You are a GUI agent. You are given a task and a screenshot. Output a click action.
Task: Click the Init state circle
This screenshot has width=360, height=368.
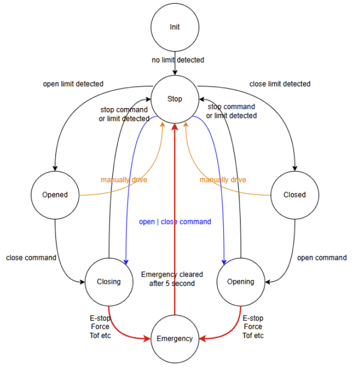[x=174, y=27]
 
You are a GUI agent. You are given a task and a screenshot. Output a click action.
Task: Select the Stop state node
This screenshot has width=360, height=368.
[x=174, y=99]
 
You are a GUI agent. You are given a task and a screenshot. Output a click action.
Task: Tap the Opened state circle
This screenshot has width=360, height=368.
[x=55, y=194]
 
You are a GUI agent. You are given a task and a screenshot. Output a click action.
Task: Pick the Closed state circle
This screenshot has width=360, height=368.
[x=295, y=194]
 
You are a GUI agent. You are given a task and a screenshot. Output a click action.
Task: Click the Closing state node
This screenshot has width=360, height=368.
[x=109, y=281]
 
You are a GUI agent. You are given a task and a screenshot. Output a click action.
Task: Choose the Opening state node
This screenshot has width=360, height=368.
[x=241, y=281]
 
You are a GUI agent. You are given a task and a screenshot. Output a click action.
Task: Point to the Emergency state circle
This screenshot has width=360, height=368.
[x=174, y=339]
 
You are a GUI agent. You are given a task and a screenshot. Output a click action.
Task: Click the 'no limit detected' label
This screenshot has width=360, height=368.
[x=178, y=60]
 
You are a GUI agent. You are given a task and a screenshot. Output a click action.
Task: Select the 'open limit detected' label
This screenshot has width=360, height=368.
[x=73, y=84]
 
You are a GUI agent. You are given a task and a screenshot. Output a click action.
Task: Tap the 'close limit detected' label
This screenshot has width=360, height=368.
[x=280, y=84]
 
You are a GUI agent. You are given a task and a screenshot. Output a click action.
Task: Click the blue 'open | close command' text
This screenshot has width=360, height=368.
[x=175, y=221]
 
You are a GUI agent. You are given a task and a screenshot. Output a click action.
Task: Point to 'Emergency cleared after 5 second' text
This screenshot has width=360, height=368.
[x=172, y=279]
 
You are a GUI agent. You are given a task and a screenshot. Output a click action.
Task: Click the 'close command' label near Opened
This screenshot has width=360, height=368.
[x=31, y=258]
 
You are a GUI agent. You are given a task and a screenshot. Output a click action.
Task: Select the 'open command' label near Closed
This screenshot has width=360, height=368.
[x=321, y=258]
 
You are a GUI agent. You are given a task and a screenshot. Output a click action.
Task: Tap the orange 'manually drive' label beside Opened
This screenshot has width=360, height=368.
[x=124, y=180]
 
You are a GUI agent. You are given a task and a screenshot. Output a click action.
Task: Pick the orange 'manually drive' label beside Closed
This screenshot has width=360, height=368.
[x=223, y=180]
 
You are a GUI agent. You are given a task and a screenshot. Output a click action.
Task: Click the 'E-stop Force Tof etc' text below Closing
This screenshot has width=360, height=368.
[x=99, y=327]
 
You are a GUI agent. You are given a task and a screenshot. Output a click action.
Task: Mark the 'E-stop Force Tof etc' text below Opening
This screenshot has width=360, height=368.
[x=253, y=327]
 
